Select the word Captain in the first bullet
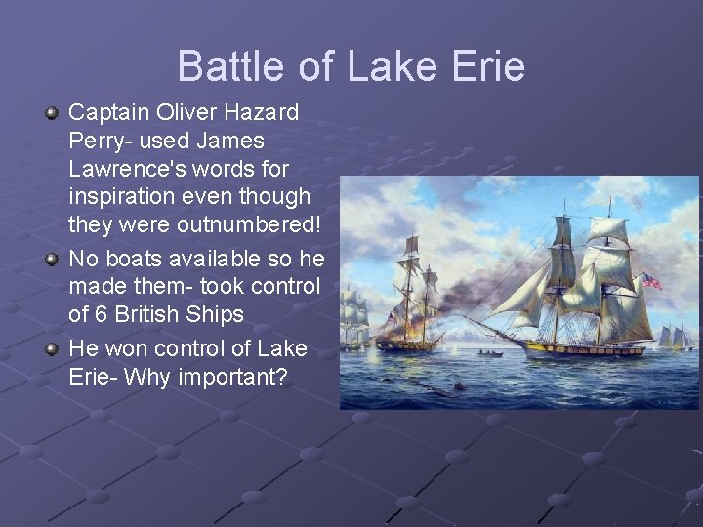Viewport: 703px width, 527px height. click(106, 112)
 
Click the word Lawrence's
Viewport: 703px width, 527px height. click(131, 169)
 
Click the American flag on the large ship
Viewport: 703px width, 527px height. click(651, 281)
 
